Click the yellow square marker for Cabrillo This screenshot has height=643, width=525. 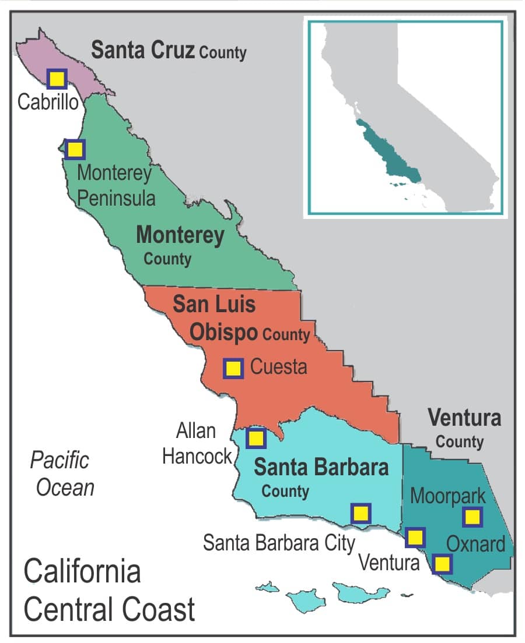tap(57, 79)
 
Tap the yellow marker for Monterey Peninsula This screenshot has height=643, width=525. tap(75, 150)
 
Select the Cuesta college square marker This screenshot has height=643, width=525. tap(233, 368)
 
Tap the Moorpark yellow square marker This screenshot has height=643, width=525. tap(472, 517)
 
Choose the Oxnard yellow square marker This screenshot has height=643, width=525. tap(443, 564)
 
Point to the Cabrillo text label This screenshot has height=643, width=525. tap(48, 102)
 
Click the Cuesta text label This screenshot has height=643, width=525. tap(278, 368)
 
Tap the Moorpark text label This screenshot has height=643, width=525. tap(447, 496)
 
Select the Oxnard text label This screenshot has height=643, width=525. tap(475, 544)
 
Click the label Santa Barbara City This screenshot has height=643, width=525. tap(279, 543)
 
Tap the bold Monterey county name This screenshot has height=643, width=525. tap(180, 235)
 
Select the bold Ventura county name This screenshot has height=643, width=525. tap(464, 418)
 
